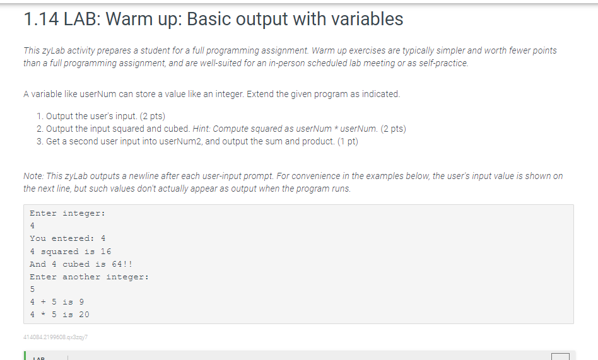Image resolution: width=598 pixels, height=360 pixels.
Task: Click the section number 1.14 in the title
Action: coord(41,19)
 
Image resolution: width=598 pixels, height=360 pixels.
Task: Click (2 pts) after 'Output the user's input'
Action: coord(152,116)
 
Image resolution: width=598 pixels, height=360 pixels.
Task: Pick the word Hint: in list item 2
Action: coord(201,129)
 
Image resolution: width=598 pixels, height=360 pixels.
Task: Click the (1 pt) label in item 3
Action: coord(348,141)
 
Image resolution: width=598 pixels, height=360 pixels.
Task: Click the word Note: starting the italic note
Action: coord(33,176)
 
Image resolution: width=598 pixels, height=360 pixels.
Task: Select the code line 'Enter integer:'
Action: coord(67,213)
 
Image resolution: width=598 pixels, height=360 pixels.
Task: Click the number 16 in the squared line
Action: coord(106,252)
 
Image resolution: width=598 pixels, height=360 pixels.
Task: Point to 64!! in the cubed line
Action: coord(122,264)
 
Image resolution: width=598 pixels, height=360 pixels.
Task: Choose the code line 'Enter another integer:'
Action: coord(89,277)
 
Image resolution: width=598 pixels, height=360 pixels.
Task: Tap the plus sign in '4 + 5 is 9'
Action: coord(43,302)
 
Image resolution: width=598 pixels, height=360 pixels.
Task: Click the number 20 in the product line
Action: coord(85,315)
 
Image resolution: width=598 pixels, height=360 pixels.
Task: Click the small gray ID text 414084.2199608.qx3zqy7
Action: coord(56,337)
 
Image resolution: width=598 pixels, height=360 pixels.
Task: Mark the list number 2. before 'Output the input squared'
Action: coord(40,129)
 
